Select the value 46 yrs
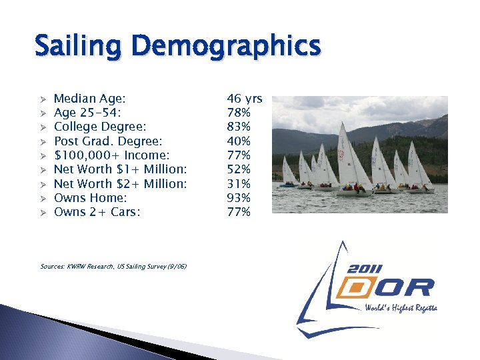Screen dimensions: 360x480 (x=244, y=99)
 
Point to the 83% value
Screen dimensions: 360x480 (x=239, y=127)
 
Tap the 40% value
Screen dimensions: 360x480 (x=239, y=141)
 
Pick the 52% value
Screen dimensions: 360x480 (x=239, y=169)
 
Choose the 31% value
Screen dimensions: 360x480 (x=239, y=183)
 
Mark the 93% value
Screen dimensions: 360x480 (x=239, y=198)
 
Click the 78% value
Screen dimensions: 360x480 (x=239, y=113)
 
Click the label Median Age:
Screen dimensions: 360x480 (x=89, y=99)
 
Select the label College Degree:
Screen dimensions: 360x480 (x=100, y=127)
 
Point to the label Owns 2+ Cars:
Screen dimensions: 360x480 (x=97, y=212)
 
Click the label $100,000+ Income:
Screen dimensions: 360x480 (x=111, y=155)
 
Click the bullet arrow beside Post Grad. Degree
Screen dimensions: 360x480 (x=41, y=141)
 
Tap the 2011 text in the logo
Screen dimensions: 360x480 (x=365, y=269)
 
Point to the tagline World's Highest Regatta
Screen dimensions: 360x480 (x=400, y=309)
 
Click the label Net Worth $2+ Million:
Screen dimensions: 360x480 (x=120, y=183)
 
